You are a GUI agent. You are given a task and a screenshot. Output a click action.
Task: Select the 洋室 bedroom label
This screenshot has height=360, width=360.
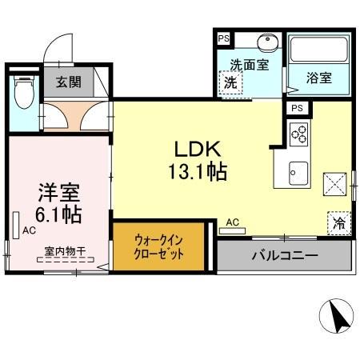[58, 193]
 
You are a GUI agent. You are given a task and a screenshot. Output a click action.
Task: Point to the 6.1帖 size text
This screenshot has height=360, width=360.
[58, 214]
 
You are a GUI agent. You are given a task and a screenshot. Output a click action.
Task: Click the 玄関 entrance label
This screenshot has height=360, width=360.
[68, 82]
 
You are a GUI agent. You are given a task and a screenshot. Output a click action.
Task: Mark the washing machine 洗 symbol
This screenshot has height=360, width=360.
[230, 82]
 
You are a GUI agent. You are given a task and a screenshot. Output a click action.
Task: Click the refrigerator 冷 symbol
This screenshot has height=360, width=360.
[338, 224]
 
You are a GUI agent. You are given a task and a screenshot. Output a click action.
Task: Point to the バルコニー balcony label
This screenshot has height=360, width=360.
[285, 256]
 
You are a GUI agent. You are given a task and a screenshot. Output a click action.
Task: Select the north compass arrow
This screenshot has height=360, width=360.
[338, 316]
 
